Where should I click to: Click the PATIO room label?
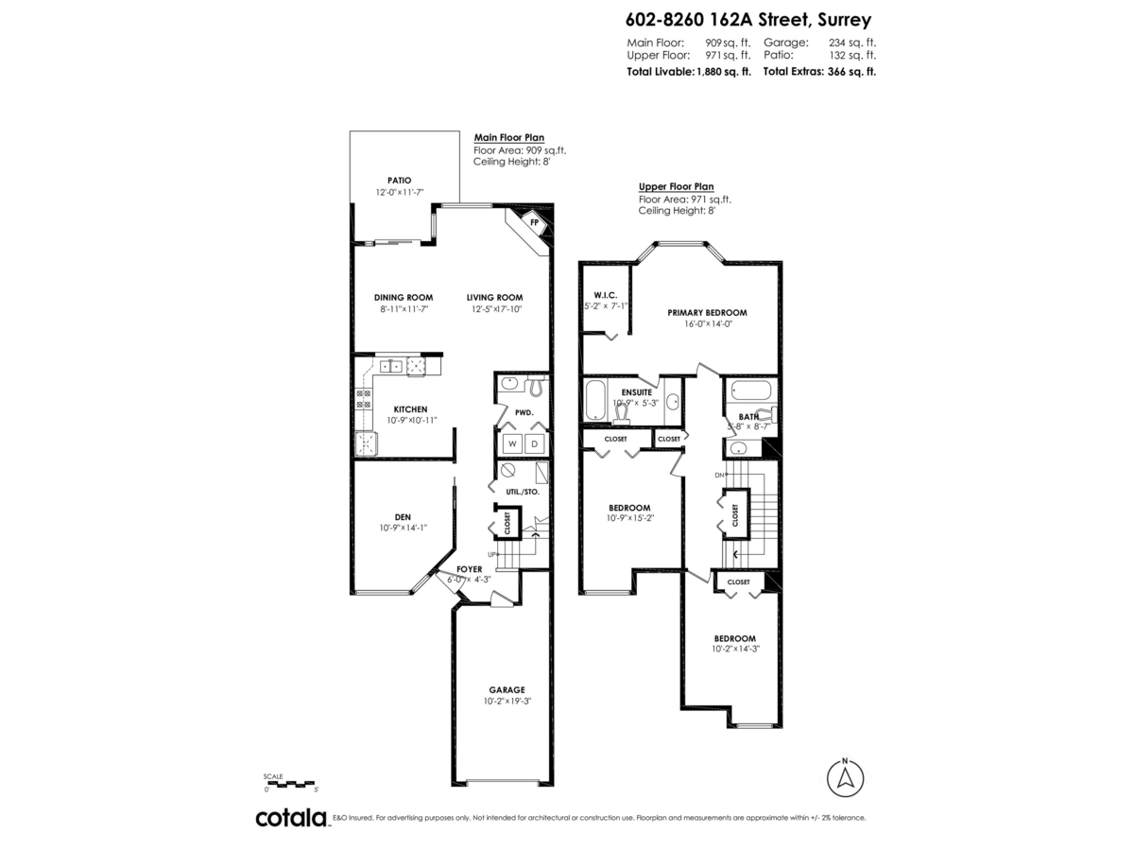click(x=399, y=180)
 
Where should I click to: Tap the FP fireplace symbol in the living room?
click(x=534, y=223)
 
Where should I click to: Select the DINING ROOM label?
click(x=403, y=297)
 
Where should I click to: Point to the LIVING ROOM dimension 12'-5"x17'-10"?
click(x=495, y=309)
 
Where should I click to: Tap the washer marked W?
click(x=511, y=443)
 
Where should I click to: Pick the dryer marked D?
click(x=534, y=443)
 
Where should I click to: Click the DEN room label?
click(x=403, y=516)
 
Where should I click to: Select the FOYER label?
click(x=470, y=569)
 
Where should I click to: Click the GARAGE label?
click(x=507, y=689)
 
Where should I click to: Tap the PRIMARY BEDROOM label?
click(x=707, y=312)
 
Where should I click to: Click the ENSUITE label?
click(x=635, y=391)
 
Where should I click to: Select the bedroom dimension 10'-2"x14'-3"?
click(x=734, y=649)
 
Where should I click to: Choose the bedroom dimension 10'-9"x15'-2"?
click(x=629, y=518)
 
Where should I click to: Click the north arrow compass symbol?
click(x=845, y=778)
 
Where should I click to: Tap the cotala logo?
click(x=291, y=818)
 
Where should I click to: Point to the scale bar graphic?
click(x=290, y=783)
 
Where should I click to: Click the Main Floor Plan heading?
click(x=508, y=138)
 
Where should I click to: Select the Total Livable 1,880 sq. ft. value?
click(x=723, y=71)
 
